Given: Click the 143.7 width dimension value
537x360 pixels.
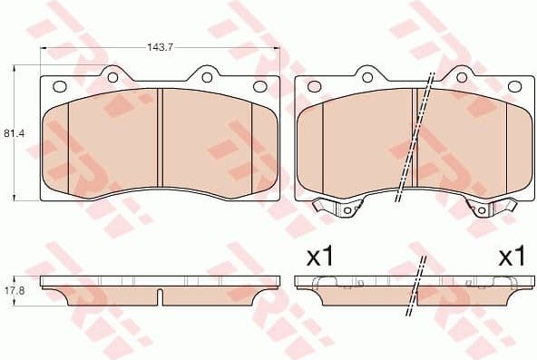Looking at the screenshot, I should (161, 42).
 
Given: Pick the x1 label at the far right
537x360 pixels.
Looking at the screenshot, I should (513, 257).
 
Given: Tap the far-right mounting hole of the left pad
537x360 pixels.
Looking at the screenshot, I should (260, 87).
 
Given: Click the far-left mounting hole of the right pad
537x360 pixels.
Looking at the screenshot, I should (314, 87).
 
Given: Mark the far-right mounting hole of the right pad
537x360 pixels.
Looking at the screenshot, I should (514, 87).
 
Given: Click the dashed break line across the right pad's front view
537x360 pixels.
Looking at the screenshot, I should (415, 136).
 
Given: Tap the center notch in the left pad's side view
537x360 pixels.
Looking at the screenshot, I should (160, 295).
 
